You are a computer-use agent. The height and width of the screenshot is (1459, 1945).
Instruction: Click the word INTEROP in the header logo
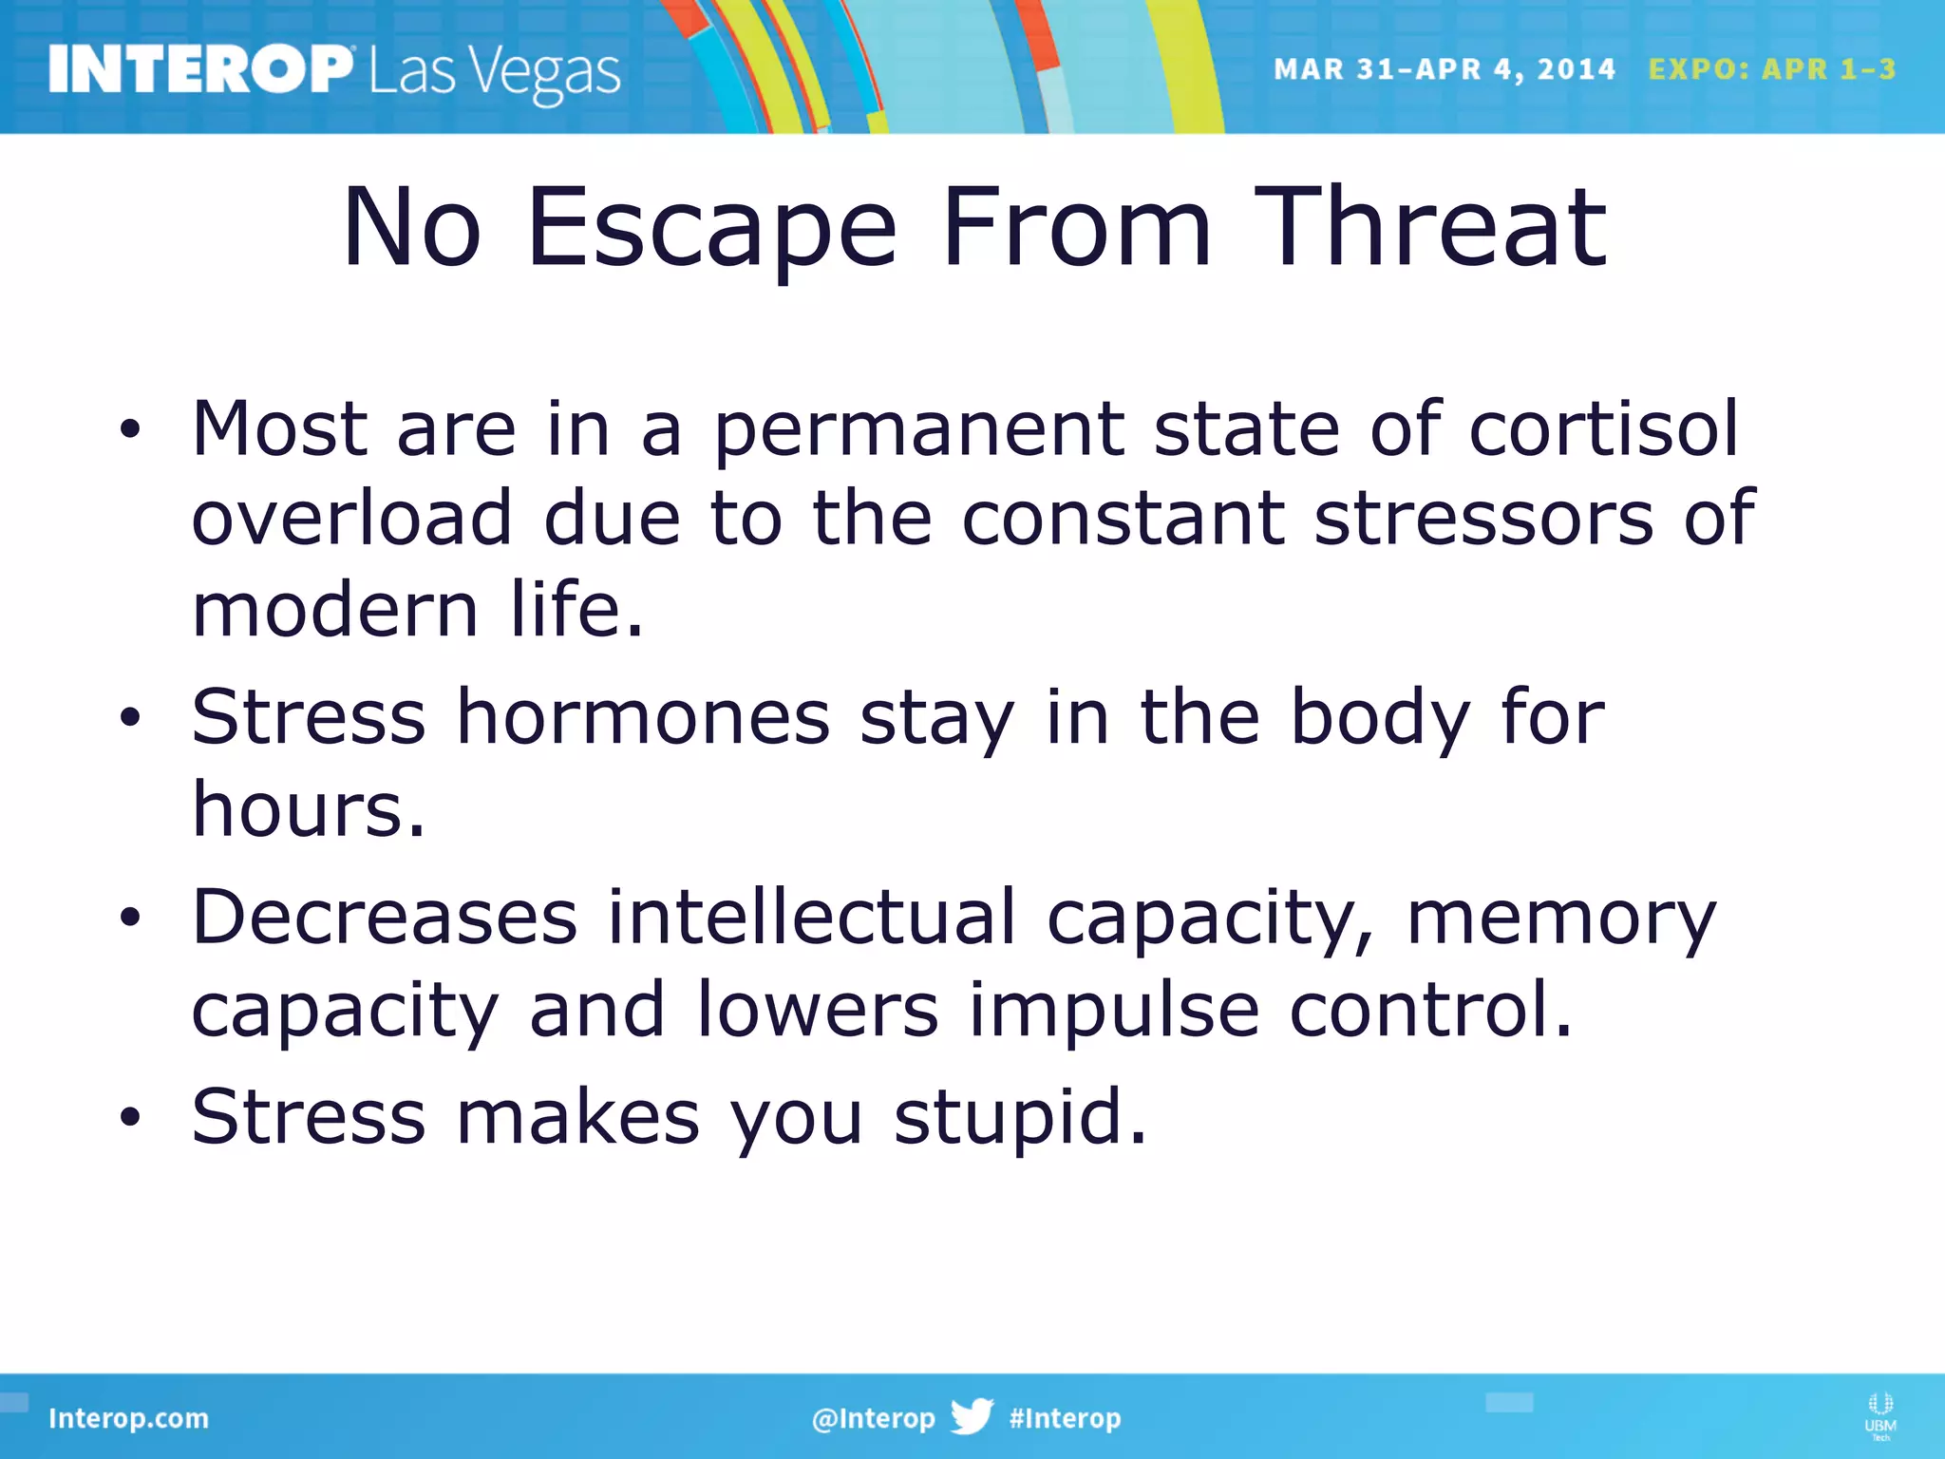199,69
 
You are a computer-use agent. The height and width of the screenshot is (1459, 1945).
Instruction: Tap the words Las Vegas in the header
494,72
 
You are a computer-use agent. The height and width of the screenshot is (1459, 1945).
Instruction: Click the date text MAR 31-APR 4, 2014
1444,69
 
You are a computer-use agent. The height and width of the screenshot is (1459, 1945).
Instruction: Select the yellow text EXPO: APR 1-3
1771,69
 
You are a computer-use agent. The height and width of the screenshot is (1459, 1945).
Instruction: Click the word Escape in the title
711,228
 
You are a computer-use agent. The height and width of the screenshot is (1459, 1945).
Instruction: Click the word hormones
643,717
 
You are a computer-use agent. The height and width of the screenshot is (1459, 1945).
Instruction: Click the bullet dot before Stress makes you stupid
130,1117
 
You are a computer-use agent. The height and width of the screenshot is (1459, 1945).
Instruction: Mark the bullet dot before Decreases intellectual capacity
130,918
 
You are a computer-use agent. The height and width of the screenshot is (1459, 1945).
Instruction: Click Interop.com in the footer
128,1418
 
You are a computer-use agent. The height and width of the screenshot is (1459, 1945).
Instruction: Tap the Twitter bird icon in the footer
972,1416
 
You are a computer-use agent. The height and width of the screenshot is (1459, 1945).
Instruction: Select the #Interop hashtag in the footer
1065,1418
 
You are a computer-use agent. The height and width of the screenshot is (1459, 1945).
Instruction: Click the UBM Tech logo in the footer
1879,1415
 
